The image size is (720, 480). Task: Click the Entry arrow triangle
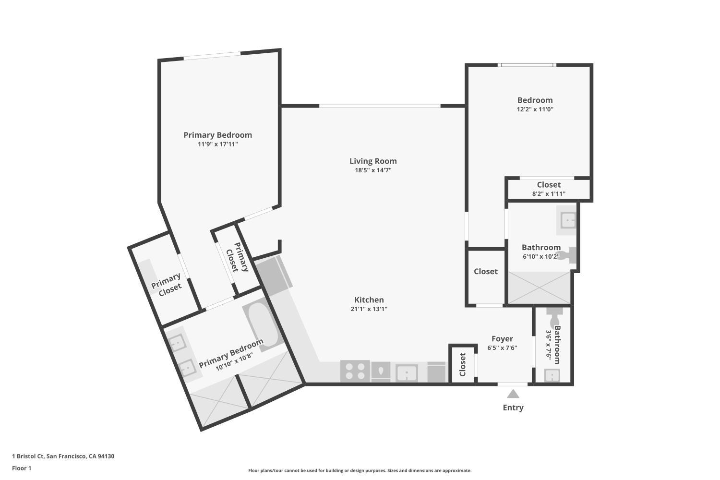(513, 394)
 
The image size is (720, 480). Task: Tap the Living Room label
(373, 161)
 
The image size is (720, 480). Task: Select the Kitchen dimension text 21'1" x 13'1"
(369, 309)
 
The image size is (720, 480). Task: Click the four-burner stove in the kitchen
(355, 371)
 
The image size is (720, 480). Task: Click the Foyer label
(502, 339)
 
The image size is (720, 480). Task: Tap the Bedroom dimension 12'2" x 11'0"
(535, 109)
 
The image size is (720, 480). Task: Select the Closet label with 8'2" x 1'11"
(549, 185)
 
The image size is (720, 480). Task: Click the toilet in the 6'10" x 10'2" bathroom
(570, 254)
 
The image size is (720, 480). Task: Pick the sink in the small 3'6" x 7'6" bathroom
(552, 375)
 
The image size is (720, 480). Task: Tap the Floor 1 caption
(22, 468)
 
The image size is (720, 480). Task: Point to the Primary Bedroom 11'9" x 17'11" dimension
(218, 144)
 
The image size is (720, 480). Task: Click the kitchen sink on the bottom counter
(407, 373)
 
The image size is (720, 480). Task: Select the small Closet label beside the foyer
(463, 365)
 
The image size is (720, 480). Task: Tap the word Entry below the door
(513, 408)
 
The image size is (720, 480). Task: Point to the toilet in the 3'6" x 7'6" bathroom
(554, 317)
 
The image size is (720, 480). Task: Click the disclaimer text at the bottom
(360, 471)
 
